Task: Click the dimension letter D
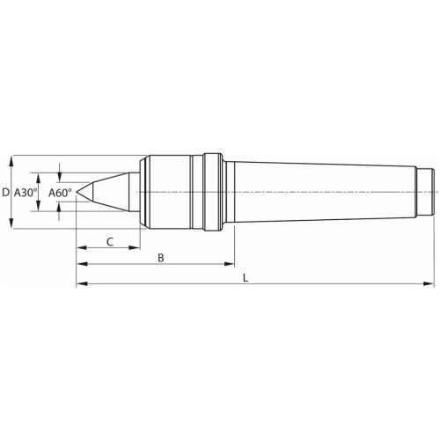[x=6, y=192]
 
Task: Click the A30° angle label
[x=26, y=192]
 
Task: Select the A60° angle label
[x=60, y=192]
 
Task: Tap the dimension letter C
[x=110, y=240]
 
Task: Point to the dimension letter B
[x=159, y=258]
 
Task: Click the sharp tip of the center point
[x=77, y=192]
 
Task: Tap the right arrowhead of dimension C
[x=138, y=247]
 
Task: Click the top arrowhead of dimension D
[x=11, y=161]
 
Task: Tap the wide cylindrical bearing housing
[x=172, y=191]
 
